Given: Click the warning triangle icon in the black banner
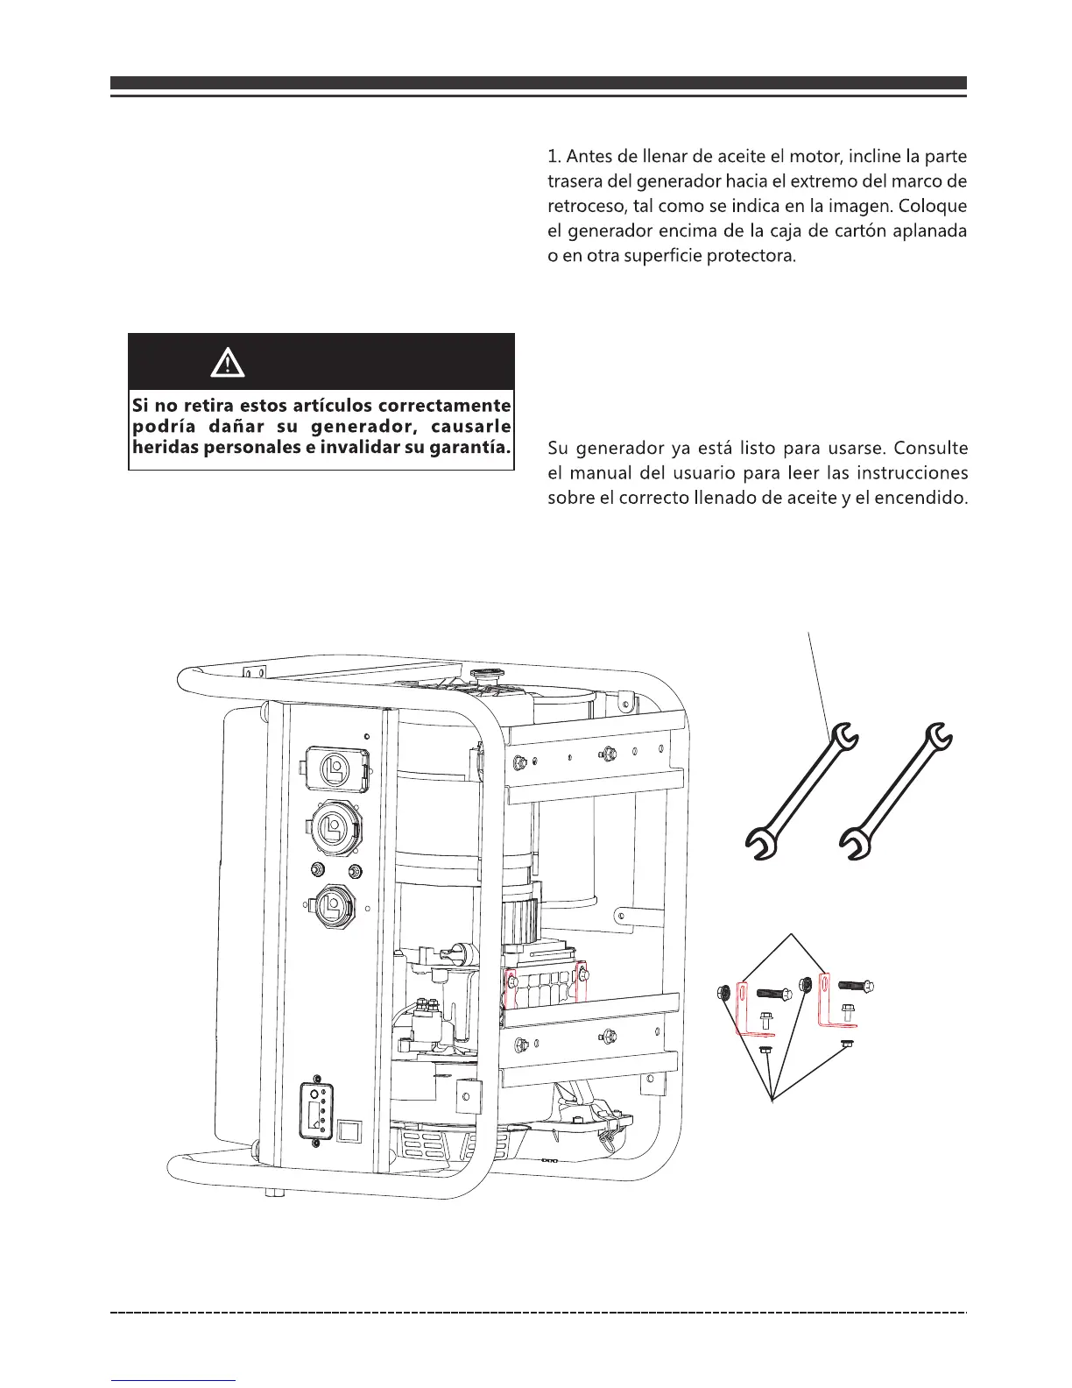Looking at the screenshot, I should coord(229,362).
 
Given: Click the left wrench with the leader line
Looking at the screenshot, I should coord(801,789).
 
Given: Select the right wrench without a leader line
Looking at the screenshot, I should coord(895,789).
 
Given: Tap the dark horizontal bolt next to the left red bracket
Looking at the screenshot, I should coord(774,992).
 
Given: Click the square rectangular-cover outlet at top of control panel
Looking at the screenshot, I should coord(334,768).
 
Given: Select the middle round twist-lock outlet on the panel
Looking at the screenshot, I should coord(332,826).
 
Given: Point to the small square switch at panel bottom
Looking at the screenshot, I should coord(349,1131).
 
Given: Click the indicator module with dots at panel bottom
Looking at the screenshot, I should coord(316,1114).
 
